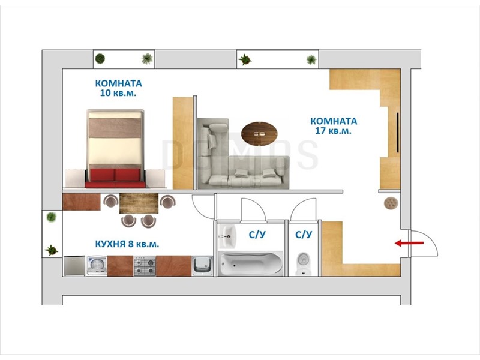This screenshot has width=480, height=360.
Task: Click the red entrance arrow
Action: coord(409,244)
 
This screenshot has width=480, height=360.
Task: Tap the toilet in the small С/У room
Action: coord(304,263)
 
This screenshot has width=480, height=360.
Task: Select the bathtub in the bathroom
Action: coord(251,263)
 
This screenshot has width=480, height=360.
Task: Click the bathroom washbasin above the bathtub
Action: coord(227,236)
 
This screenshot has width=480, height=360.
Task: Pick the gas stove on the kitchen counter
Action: coord(145,266)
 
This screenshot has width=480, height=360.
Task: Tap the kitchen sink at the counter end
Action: coord(202,266)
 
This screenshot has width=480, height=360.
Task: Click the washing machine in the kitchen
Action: coord(97,266)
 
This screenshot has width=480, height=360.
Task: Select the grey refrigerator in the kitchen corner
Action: coord(74,266)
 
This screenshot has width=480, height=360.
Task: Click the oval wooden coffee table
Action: coord(259,133)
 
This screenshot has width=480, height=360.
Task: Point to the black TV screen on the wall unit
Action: coord(397,132)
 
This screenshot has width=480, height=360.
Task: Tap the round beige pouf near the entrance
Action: coord(391,203)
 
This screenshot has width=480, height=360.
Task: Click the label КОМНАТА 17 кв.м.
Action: coord(334,126)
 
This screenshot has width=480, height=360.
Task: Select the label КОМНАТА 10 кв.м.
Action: coord(118,88)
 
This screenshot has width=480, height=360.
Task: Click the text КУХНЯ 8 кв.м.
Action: coord(127,244)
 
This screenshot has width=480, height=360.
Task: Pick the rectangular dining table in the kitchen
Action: coord(139,203)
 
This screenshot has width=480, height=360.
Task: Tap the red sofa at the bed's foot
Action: coord(115,178)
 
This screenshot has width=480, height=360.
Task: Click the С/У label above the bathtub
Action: coord(257,235)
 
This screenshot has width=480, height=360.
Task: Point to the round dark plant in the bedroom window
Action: coord(100,58)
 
